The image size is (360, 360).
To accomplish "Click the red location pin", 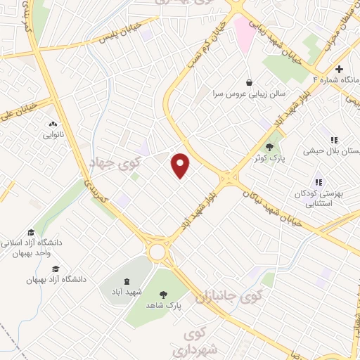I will point(181,165).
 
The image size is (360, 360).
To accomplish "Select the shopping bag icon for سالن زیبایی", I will point(250,82).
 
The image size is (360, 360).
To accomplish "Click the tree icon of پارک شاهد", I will point(164,295).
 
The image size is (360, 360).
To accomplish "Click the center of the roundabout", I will point(157,252).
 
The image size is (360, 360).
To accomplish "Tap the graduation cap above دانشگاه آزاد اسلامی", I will point(30,232).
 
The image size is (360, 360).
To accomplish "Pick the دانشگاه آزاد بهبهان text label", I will point(56,279).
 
